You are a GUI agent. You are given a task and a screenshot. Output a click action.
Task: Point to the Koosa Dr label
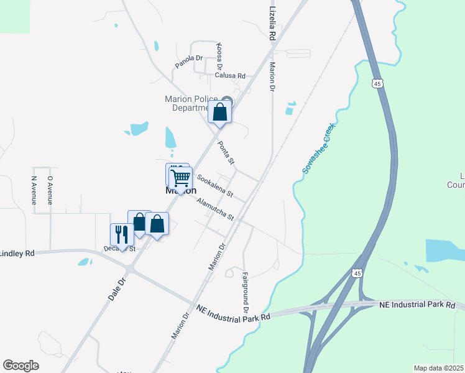[x=219, y=55]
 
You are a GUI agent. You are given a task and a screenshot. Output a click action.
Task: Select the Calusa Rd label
[x=230, y=75]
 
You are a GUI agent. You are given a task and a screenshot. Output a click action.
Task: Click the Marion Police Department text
[x=191, y=103]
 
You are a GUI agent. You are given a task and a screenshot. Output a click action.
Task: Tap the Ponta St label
[x=226, y=153]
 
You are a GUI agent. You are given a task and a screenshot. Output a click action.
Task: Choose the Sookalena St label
[x=214, y=185]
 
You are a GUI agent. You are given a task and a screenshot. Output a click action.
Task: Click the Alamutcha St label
[x=214, y=210]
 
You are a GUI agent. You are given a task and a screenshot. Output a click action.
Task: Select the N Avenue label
[x=34, y=190]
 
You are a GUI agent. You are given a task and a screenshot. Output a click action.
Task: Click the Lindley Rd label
[x=17, y=253]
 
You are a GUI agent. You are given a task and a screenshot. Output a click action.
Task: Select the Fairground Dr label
[x=246, y=292]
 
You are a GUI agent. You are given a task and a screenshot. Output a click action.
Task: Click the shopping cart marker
[x=180, y=178]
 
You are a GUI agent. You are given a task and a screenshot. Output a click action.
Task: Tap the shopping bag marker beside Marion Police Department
[x=219, y=113]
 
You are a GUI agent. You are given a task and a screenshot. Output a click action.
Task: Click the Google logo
[x=21, y=366]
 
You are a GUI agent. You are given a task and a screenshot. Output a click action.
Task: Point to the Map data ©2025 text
[x=438, y=368]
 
